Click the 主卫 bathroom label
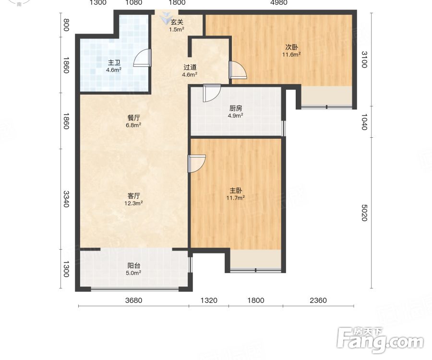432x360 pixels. click(114, 63)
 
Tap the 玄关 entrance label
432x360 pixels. click(177, 22)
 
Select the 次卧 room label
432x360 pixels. click(291, 48)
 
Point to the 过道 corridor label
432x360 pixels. click(190, 67)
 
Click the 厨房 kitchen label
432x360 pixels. click(236, 108)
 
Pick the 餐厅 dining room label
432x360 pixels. click(133, 118)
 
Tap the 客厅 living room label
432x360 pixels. click(133, 196)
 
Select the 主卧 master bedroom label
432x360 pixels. click(236, 191)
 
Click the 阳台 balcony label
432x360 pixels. click(133, 266)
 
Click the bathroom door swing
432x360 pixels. click(142, 58)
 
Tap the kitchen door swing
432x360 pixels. click(212, 93)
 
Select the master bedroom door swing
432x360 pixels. click(197, 164)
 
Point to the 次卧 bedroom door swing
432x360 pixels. click(238, 70)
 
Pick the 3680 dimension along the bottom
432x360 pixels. click(133, 300)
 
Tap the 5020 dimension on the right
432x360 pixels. click(364, 213)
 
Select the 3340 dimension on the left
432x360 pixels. click(66, 199)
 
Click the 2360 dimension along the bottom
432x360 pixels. click(318, 300)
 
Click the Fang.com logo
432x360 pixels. click(380, 340)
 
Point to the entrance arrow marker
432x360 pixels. click(166, 18)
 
